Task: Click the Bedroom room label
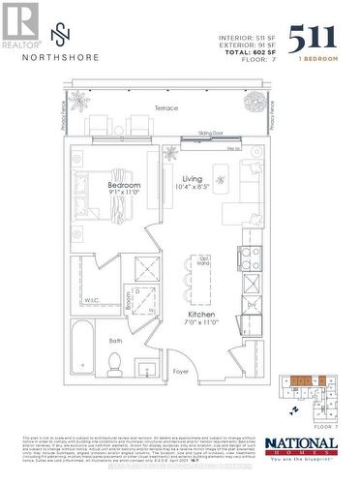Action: click(x=124, y=185)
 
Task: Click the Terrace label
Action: click(x=166, y=108)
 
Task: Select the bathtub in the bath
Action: click(x=81, y=348)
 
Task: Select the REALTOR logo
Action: click(x=19, y=25)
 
